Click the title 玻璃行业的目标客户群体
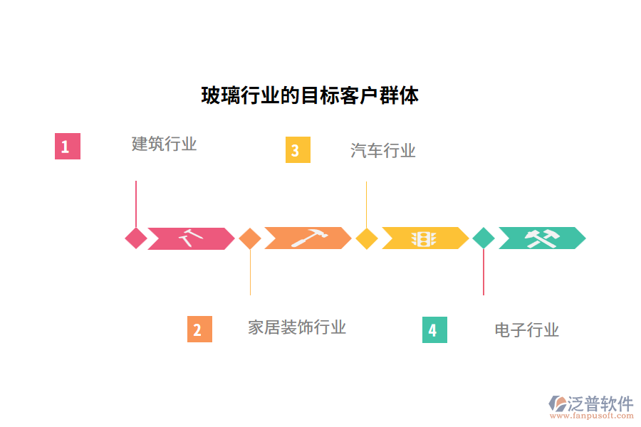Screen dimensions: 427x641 [x=310, y=95]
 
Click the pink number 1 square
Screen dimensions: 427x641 [x=67, y=147]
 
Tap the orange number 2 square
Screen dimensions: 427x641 [x=199, y=330]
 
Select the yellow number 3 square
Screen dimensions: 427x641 [x=298, y=150]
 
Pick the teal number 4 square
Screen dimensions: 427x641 [x=434, y=330]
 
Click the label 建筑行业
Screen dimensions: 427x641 [x=165, y=144]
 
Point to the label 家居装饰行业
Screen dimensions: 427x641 [x=297, y=327]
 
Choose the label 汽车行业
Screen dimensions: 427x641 [x=383, y=150]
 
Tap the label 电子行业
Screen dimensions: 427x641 [x=527, y=330]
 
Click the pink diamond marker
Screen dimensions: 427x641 [x=136, y=238]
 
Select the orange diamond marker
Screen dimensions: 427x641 [x=250, y=238]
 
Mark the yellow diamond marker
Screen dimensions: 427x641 [x=367, y=238]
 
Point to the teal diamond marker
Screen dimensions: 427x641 [x=484, y=238]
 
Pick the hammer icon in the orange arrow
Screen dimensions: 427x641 [x=308, y=238]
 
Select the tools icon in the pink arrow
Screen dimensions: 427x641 [x=191, y=238]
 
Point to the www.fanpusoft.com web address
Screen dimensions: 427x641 [x=595, y=417]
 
